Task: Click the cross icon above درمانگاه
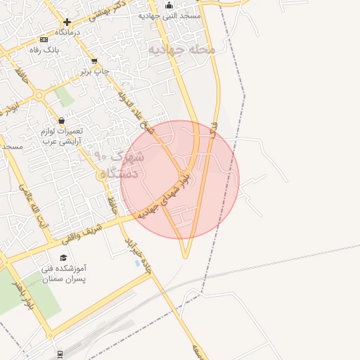(x=67, y=22)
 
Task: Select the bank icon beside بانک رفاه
(x=45, y=39)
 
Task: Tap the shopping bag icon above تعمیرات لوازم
(x=62, y=120)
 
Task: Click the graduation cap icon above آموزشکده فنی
(x=63, y=257)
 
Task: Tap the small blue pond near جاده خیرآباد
(x=136, y=263)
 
